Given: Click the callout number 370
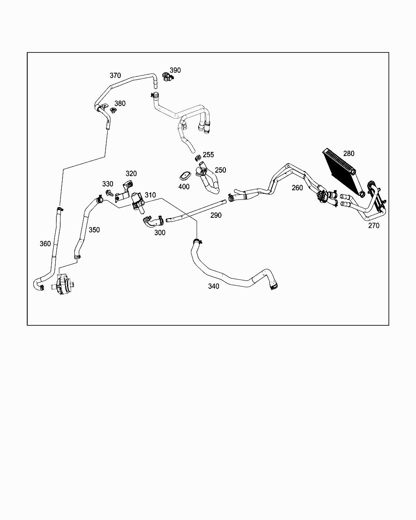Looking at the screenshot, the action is [x=115, y=76].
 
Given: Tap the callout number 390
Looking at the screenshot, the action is [x=175, y=70].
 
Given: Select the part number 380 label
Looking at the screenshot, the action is [x=120, y=104].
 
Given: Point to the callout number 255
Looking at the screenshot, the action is [x=208, y=155].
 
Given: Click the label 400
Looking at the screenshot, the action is [x=184, y=187].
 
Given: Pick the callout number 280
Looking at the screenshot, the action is [x=349, y=154].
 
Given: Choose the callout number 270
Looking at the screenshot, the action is [x=374, y=225].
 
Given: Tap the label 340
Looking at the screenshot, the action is [x=214, y=286].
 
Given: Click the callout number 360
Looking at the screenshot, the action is [x=45, y=244].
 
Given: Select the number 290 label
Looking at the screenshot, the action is [x=216, y=215].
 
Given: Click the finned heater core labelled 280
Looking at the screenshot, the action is [x=340, y=171].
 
